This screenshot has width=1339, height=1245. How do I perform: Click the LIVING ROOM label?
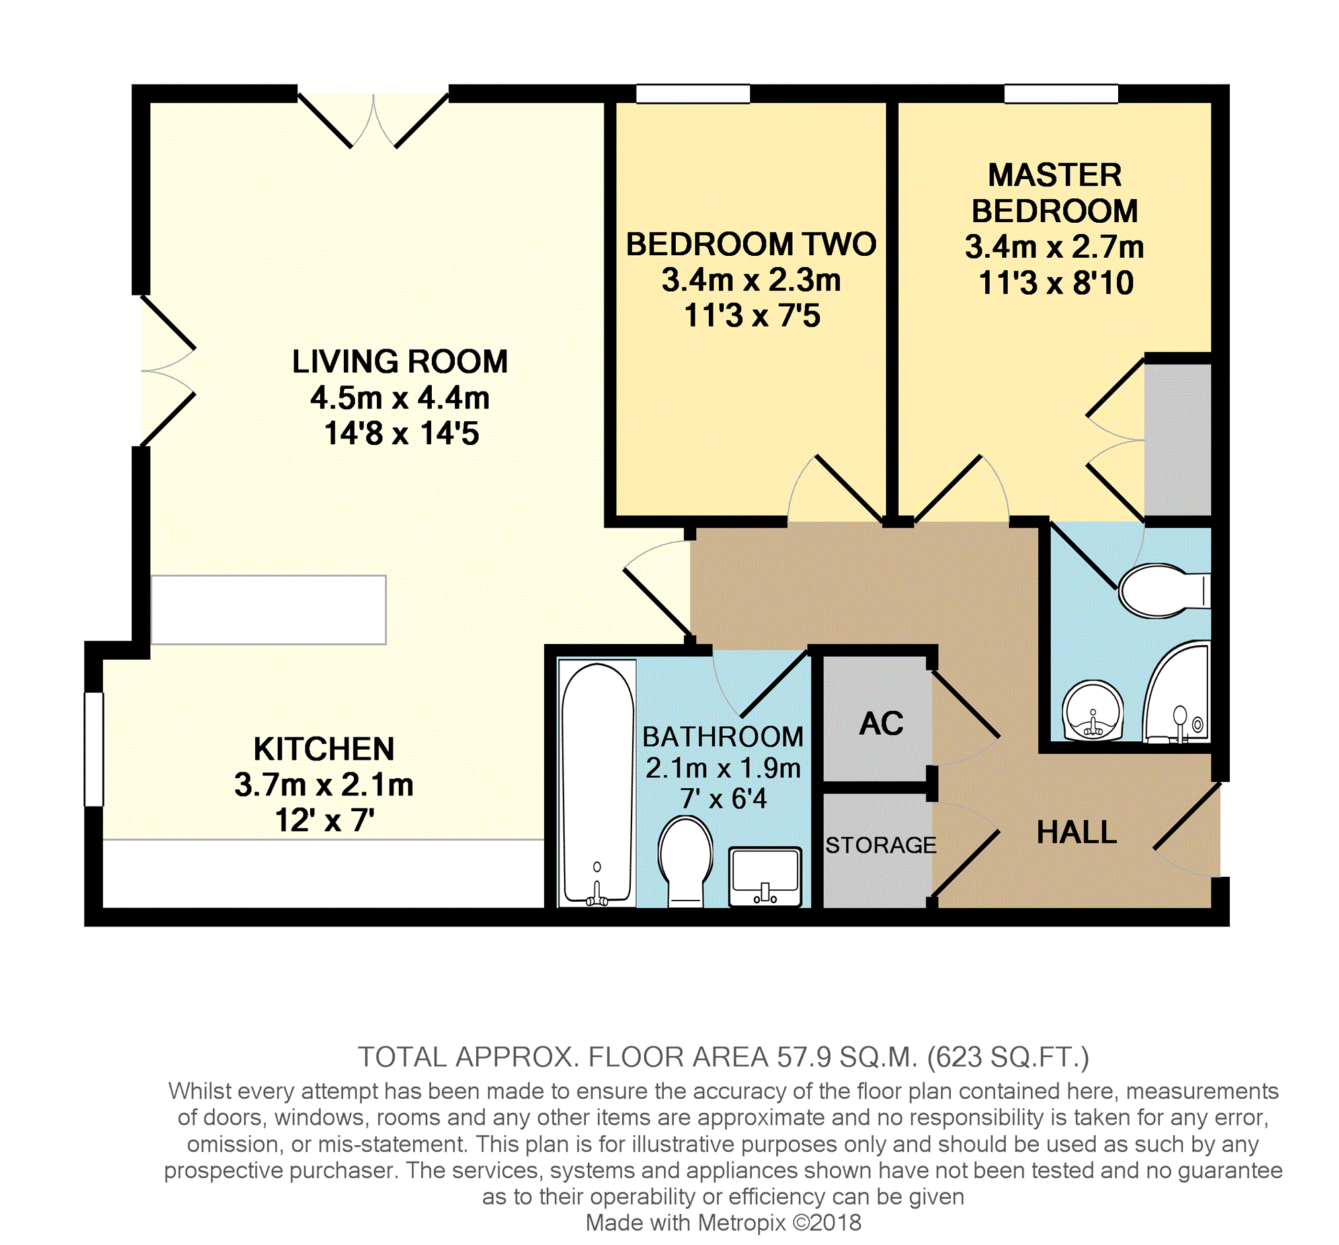pos(399,362)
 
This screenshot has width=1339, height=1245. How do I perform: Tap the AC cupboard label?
pos(881,723)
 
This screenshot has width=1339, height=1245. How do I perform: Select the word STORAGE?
pos(881,844)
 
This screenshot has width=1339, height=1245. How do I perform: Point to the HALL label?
pos(1076,832)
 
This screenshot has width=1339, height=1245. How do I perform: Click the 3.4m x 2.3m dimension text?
pos(751,280)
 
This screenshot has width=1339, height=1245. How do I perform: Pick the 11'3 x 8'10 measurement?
pos(1055,283)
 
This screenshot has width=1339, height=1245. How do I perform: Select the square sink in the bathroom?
pos(765,877)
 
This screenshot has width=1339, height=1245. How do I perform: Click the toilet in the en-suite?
pos(1164,590)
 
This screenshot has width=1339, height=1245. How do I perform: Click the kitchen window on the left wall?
pos(94,748)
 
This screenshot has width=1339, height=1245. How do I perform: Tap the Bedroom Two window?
pos(693,94)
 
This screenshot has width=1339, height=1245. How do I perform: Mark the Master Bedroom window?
pos(1061,94)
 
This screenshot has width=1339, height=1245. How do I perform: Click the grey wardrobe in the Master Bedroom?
pos(1178,440)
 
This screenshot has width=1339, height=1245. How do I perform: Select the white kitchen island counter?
pos(268,610)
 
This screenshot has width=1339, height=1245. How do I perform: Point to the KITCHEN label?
pos(324,748)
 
